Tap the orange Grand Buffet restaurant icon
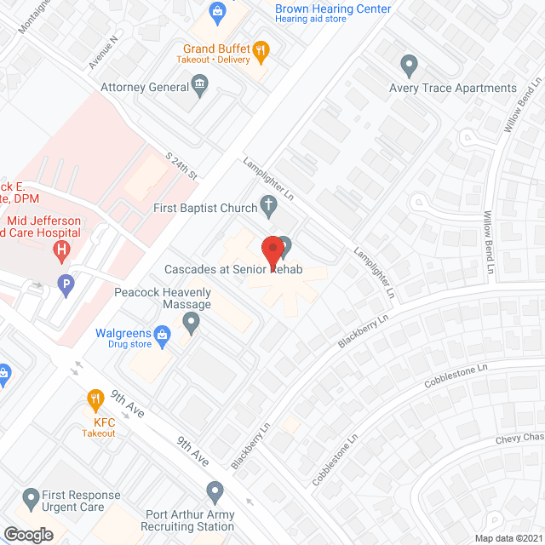(x=261, y=49)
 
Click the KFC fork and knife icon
(x=97, y=399)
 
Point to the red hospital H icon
(x=61, y=250)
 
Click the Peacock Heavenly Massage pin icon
(x=192, y=322)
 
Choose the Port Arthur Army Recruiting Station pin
(x=215, y=491)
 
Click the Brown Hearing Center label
(x=333, y=9)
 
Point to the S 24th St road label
(x=181, y=165)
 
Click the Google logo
(x=27, y=534)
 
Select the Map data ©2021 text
(x=507, y=538)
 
